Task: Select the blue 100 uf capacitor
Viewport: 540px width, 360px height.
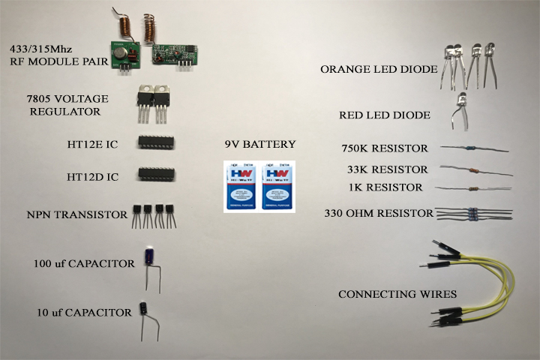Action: tap(152, 256)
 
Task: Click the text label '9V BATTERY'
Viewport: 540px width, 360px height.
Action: tap(260, 144)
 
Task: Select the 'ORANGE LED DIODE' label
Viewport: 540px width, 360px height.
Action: tap(379, 69)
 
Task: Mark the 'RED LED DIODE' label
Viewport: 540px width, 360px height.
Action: tap(384, 115)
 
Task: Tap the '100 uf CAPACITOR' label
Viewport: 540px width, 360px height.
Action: tap(84, 264)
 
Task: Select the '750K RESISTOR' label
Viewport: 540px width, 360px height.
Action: tap(384, 148)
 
